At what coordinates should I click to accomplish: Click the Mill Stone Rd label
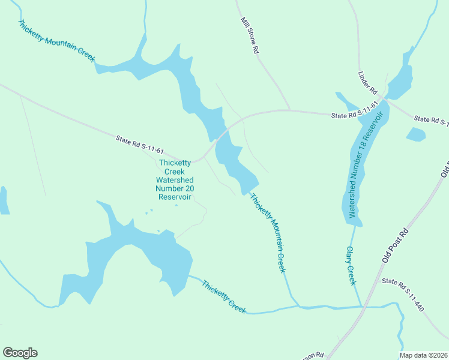point(250,36)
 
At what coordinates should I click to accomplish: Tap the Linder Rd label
point(367,83)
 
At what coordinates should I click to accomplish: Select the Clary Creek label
point(351,265)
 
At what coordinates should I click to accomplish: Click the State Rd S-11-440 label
point(403,295)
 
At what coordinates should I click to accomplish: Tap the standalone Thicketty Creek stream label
point(224,297)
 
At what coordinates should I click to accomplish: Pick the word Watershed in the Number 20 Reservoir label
point(174,180)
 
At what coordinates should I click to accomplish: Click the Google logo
point(20,353)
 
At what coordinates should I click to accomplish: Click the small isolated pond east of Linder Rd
point(415,134)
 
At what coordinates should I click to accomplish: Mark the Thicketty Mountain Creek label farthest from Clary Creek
point(56,41)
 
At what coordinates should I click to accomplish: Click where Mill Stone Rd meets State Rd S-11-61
point(289,110)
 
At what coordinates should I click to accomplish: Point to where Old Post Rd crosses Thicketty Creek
point(364,307)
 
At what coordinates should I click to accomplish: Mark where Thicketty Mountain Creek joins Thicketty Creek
point(298,307)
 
